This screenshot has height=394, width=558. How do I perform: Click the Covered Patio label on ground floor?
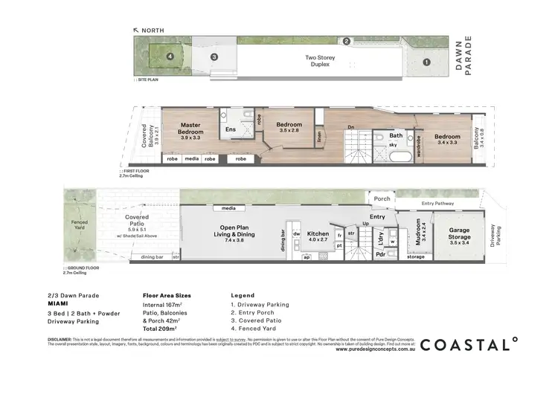click(137, 221)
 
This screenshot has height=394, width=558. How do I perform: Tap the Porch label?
click(382, 198)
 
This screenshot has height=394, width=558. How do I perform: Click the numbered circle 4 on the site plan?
click(170, 56)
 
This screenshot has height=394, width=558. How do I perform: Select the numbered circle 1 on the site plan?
click(426, 63)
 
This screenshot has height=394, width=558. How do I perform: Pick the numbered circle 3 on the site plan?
click(214, 56)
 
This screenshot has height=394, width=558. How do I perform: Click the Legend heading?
click(243, 295)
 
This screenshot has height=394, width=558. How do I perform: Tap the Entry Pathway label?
click(438, 203)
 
